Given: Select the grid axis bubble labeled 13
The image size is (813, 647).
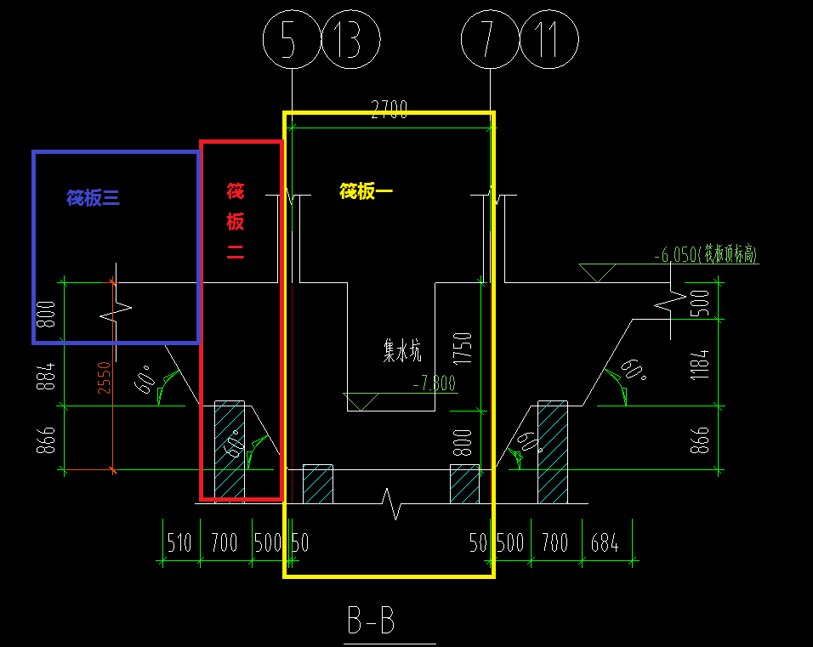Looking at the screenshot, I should point(350,40).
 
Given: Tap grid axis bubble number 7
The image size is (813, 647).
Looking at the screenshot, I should point(489,40).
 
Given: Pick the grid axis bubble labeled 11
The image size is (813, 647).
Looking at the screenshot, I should point(549,40).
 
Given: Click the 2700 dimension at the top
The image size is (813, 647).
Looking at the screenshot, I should point(389,111).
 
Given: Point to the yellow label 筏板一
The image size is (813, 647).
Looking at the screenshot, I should point(366,191).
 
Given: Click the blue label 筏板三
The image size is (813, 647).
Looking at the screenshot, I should point(94,198).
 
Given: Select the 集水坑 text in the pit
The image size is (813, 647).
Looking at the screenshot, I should point(402,350).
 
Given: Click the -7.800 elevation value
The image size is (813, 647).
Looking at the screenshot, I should point(434,383).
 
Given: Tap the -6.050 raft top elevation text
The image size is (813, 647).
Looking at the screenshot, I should point(706,254).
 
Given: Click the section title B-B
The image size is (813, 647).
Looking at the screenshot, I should point(371,621).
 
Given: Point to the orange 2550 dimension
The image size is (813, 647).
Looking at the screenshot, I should point(104,377).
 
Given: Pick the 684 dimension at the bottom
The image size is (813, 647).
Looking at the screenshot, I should point(605,543).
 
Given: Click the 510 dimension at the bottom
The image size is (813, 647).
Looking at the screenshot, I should point(179,543).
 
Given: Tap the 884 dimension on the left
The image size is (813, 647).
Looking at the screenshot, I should point(47,377).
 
